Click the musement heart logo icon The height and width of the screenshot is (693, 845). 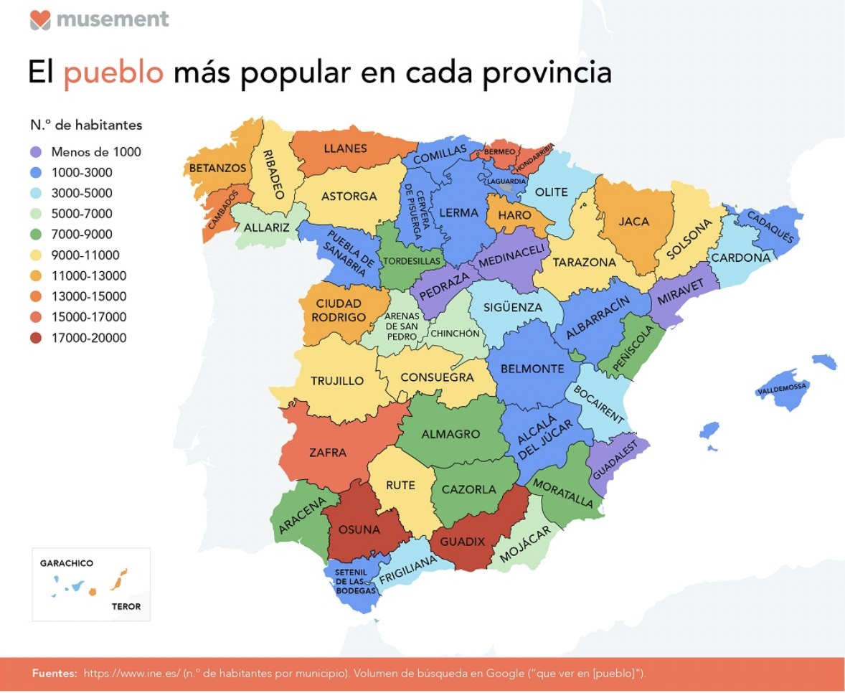click(x=41, y=19)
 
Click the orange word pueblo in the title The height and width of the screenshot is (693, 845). click(x=114, y=74)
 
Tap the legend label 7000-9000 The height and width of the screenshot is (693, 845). click(x=82, y=235)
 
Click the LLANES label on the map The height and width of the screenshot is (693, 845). click(x=345, y=148)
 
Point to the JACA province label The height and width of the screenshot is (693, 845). click(x=633, y=221)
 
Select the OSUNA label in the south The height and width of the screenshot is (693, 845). click(x=356, y=530)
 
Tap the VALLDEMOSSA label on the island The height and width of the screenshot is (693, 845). click(x=782, y=388)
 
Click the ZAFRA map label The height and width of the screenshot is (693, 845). click(x=327, y=453)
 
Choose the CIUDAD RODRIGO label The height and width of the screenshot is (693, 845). click(x=339, y=310)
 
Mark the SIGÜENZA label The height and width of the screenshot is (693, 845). click(x=512, y=307)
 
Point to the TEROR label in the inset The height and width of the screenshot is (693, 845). click(x=126, y=606)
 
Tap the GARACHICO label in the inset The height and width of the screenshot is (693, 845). click(x=67, y=563)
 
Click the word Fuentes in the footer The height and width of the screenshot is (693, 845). click(x=55, y=674)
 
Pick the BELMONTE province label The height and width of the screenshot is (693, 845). click(x=532, y=369)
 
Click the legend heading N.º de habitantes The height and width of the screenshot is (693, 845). click(x=86, y=125)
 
